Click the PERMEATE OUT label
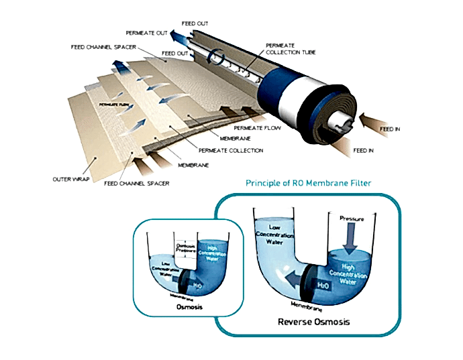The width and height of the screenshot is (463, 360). click(x=146, y=32)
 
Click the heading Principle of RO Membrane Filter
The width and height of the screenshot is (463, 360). click(x=309, y=182)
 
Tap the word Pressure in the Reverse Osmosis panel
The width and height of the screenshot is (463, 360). click(x=351, y=219)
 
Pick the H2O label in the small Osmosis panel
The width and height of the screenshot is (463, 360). click(x=199, y=286)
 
